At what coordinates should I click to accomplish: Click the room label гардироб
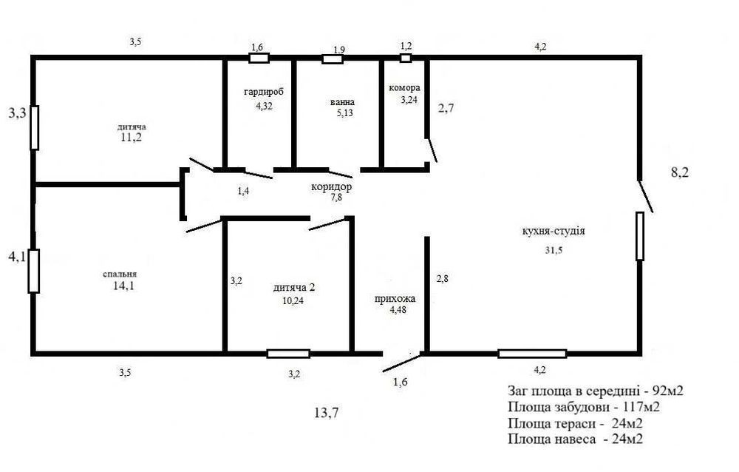coord(264,92)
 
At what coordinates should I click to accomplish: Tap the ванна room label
coord(343,102)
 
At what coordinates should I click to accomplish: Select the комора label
coord(404,88)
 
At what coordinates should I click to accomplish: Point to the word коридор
coord(331,187)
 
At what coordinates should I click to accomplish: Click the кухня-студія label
coord(554,232)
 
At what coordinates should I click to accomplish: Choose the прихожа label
coord(395,299)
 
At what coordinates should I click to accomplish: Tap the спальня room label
coord(120,274)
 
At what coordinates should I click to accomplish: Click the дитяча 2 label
coord(294,288)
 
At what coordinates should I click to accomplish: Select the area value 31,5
coord(554,251)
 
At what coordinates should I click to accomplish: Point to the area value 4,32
coord(264,107)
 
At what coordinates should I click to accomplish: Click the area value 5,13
coord(345,112)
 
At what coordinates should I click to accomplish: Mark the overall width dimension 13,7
coord(326,413)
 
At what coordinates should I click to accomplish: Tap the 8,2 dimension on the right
coord(680,172)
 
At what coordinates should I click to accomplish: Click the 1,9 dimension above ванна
coord(339,50)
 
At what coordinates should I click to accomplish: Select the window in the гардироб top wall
coord(259,58)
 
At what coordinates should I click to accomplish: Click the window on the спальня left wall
coord(33,271)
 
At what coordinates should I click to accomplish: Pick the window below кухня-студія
coord(532,354)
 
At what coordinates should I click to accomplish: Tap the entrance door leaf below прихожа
coord(402,363)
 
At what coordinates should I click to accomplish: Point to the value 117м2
coord(641,407)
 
